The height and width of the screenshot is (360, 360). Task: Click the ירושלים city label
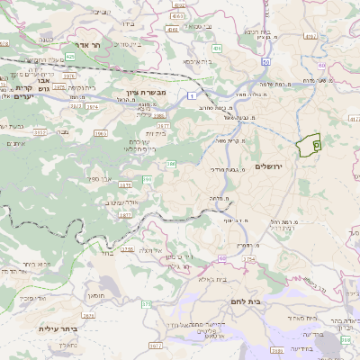click(269, 167)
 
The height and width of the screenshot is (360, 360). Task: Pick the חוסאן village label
click(96, 294)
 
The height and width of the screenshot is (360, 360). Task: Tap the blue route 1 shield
click(192, 94)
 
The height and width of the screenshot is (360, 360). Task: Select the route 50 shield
click(266, 61)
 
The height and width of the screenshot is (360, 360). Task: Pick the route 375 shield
click(147, 304)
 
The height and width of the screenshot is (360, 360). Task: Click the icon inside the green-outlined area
click(315, 143)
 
